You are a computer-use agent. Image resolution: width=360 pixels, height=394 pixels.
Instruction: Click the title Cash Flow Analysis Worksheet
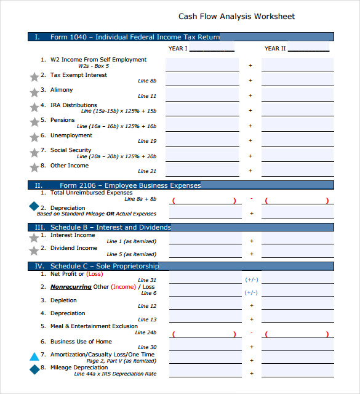point(236,17)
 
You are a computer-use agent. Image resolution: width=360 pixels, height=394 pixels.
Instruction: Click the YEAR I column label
point(178,48)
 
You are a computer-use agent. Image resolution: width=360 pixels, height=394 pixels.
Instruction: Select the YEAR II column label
point(275,48)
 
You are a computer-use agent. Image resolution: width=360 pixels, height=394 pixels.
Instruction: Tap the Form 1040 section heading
point(135,37)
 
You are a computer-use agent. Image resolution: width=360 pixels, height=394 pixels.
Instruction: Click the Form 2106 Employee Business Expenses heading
point(130,185)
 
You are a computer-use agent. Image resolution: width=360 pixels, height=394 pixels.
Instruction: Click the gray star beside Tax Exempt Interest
point(34,77)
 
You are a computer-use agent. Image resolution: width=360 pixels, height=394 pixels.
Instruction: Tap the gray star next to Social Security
point(34,152)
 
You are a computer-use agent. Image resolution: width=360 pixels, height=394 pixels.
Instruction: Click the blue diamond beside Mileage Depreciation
point(34,369)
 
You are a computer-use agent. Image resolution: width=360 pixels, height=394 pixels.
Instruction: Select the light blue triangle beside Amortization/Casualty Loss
point(34,356)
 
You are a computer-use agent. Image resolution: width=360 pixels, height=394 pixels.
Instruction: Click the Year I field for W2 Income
point(202,65)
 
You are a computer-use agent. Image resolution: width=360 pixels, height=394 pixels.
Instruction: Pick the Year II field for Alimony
point(298,94)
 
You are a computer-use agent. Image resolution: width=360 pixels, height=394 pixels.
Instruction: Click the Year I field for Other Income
point(202,169)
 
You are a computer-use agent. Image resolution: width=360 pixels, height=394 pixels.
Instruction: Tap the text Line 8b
point(147,81)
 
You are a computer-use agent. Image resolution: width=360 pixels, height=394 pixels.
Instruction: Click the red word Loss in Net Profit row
point(95,274)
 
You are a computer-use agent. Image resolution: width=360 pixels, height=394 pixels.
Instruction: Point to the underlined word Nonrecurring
point(71,287)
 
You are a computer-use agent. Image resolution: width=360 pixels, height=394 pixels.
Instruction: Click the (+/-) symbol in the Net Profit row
point(251,279)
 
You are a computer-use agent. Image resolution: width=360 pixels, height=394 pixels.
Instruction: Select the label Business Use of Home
point(81,341)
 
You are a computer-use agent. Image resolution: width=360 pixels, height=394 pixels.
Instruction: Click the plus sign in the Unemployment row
point(250,140)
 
